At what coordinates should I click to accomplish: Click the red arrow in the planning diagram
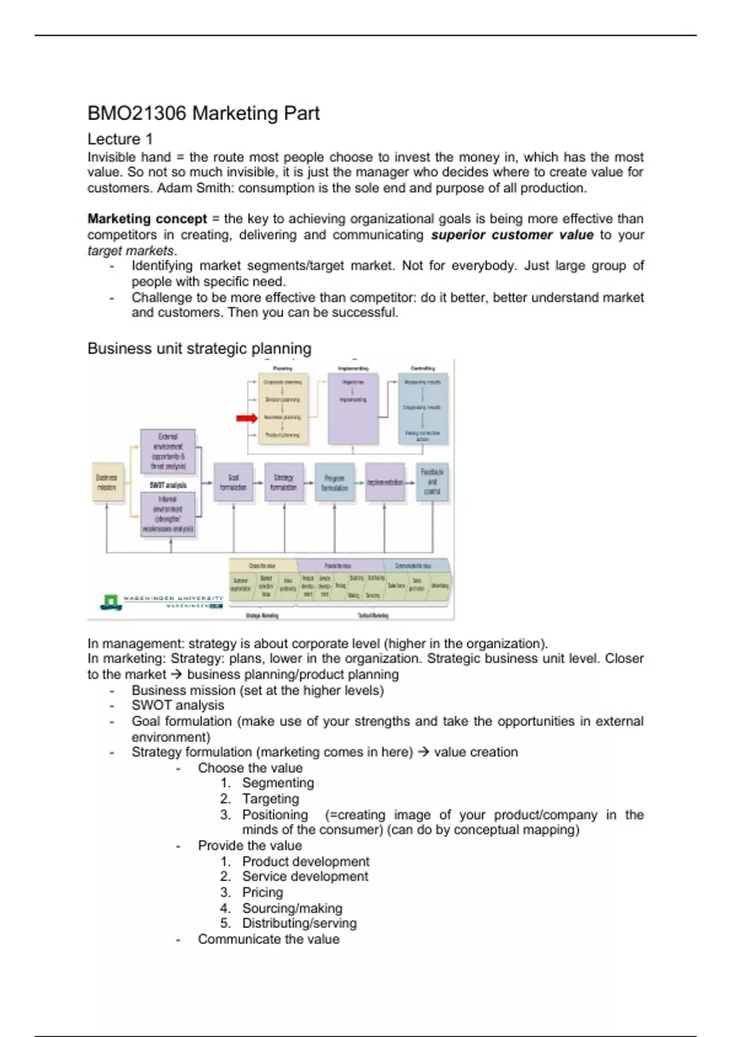247,418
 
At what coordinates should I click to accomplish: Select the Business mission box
107,483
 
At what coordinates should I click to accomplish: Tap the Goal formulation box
233,483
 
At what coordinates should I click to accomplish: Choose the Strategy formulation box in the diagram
284,483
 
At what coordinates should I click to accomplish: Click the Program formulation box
334,483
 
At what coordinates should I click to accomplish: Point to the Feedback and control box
432,481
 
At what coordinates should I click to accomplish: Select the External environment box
168,452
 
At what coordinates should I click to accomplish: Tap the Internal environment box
168,514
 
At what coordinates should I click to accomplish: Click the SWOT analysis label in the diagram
168,485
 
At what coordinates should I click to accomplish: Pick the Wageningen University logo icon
111,602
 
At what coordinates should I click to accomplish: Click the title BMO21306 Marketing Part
203,113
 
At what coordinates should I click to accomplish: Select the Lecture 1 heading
120,139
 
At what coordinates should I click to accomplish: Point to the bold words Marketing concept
147,219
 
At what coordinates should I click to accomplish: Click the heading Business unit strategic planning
199,348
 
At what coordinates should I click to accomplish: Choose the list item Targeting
270,799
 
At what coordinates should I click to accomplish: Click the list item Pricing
262,892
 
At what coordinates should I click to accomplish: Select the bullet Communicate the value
268,939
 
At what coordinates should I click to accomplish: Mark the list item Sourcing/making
292,908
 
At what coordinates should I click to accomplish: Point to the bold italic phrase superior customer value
512,235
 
